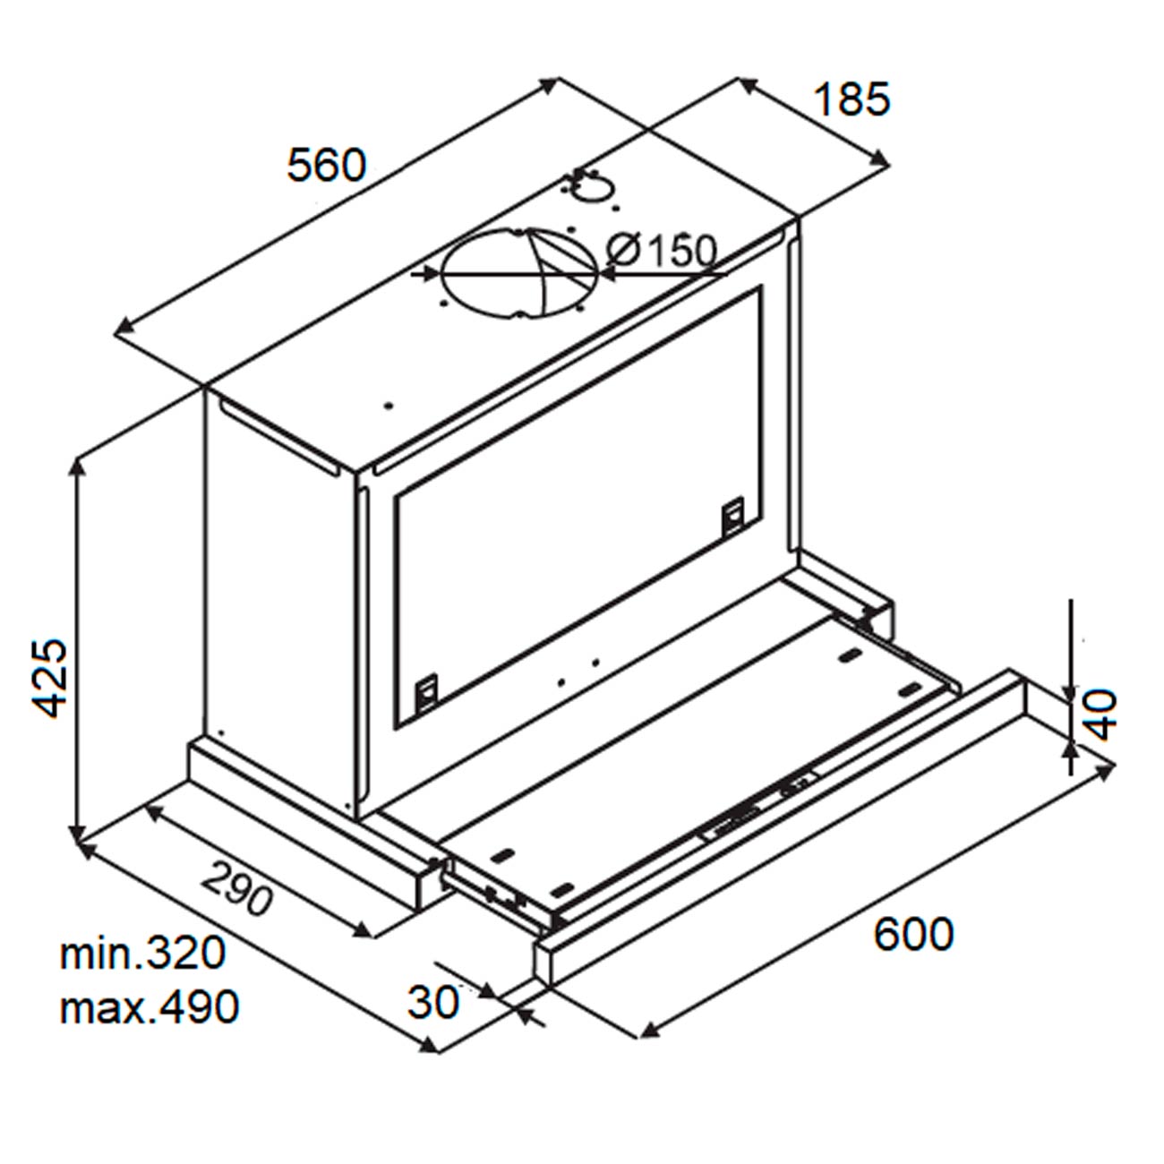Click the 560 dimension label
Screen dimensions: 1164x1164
(x=326, y=165)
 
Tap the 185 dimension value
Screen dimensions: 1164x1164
(x=852, y=99)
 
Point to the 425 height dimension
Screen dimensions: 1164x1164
(x=49, y=678)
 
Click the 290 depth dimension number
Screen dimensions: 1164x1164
(x=236, y=887)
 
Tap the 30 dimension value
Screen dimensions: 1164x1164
(x=433, y=1002)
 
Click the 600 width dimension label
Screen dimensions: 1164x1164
(x=913, y=934)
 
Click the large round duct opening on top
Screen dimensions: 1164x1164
(x=519, y=272)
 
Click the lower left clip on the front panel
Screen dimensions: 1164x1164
(x=427, y=692)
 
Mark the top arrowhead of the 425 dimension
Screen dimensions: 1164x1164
(x=77, y=471)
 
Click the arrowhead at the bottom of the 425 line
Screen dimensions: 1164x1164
(x=77, y=834)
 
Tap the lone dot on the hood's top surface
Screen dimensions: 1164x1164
(x=389, y=406)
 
